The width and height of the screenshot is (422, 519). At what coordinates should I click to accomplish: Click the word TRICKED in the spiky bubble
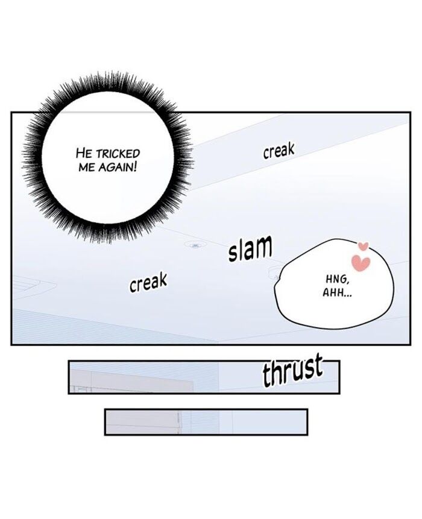click(x=118, y=154)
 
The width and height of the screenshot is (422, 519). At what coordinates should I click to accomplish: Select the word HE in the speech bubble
click(x=84, y=154)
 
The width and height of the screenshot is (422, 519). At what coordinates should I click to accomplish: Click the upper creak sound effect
click(x=279, y=151)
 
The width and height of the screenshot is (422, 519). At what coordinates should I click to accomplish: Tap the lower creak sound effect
click(x=148, y=283)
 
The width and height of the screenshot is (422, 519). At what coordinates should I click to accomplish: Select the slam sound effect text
click(x=250, y=249)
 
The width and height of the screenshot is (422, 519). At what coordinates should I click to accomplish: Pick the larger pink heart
click(x=361, y=263)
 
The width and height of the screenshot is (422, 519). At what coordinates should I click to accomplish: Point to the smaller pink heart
click(x=364, y=247)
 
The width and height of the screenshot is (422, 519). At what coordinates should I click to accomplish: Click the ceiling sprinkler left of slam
click(x=195, y=245)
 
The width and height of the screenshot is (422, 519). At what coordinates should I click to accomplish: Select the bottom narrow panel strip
click(x=206, y=422)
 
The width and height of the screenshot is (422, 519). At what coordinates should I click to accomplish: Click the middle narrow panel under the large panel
click(x=204, y=377)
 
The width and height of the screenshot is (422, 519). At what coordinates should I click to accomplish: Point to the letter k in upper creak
click(x=290, y=149)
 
